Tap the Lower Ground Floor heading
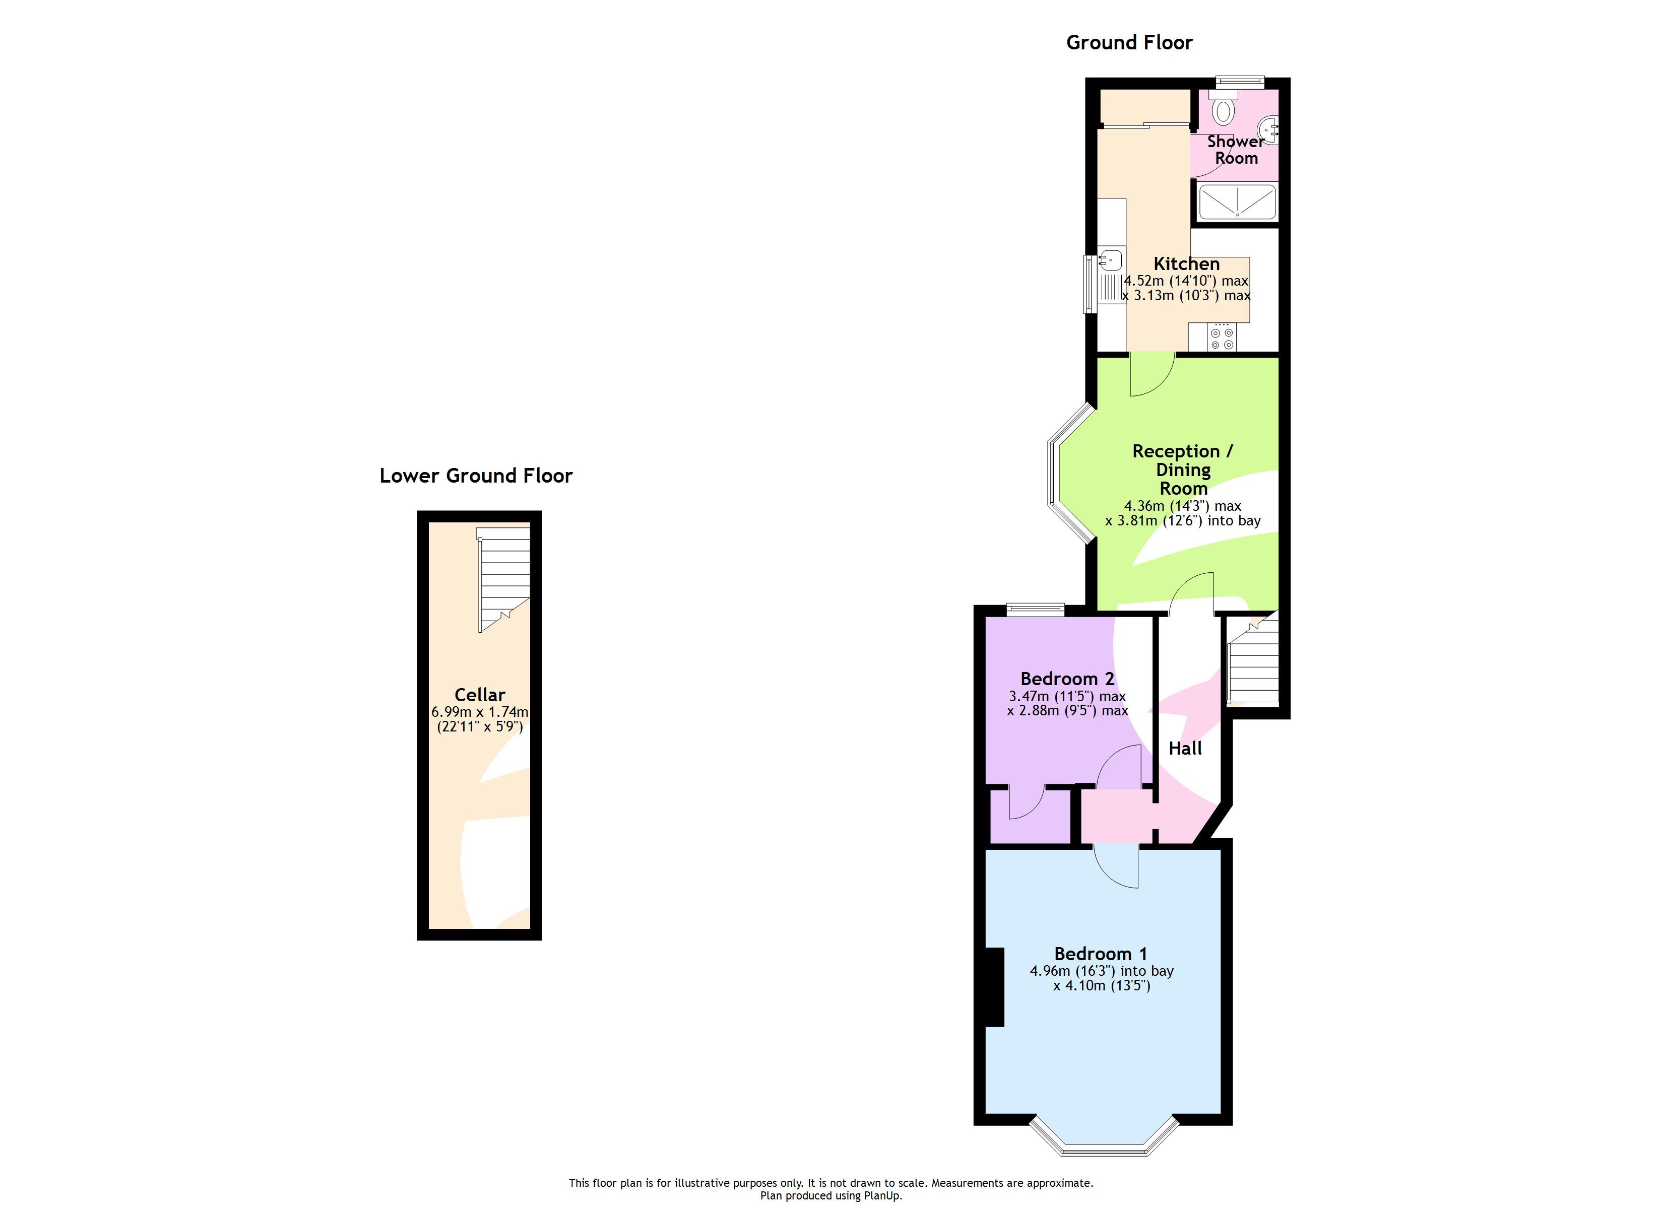pos(475,476)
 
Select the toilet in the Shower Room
pos(1223,110)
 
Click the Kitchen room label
pos(1186,264)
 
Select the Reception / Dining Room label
pos(1182,469)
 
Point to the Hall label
pos(1185,749)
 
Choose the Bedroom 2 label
pos(1067,679)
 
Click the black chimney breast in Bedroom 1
pos(994,987)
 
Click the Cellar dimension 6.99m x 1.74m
pos(480,712)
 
